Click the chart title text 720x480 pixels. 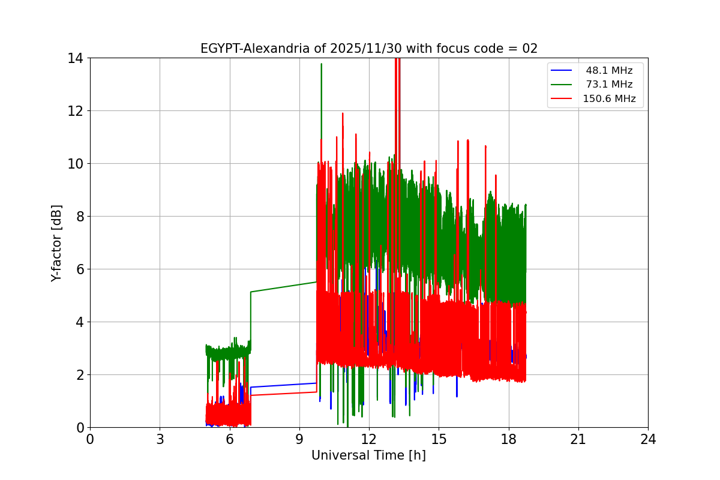click(x=368, y=49)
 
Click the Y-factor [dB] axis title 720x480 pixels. click(x=56, y=242)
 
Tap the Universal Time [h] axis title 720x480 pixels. click(x=368, y=455)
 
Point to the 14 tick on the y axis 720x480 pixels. click(x=76, y=58)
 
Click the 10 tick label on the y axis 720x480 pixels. click(x=76, y=164)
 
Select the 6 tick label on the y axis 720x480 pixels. click(x=79, y=269)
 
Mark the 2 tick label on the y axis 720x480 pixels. click(x=79, y=375)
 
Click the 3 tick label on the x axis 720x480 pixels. click(x=160, y=439)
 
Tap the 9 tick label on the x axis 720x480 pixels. click(x=299, y=439)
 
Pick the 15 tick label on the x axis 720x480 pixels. click(x=439, y=439)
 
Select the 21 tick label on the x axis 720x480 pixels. click(x=578, y=439)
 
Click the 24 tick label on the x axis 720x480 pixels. click(x=648, y=439)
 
